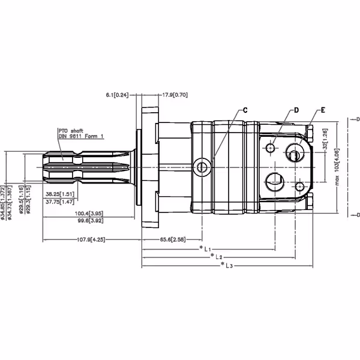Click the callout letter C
[x=245, y=111]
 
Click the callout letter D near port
[x=296, y=111]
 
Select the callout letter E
[x=323, y=110]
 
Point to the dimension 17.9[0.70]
[x=175, y=95]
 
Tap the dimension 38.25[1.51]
[x=60, y=194]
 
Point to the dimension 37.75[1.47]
[x=60, y=202]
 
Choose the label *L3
[x=227, y=264]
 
